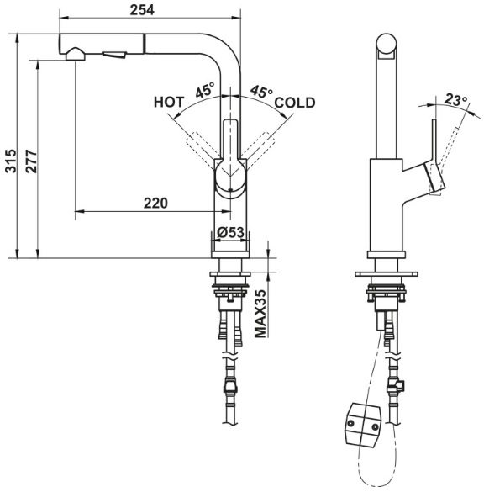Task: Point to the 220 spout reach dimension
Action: pos(155,202)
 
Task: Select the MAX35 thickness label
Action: pos(261,315)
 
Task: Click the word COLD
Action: pos(294,103)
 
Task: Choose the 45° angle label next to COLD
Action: pos(260,91)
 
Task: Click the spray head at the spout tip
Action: pos(75,55)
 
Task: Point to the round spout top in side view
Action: pos(385,45)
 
